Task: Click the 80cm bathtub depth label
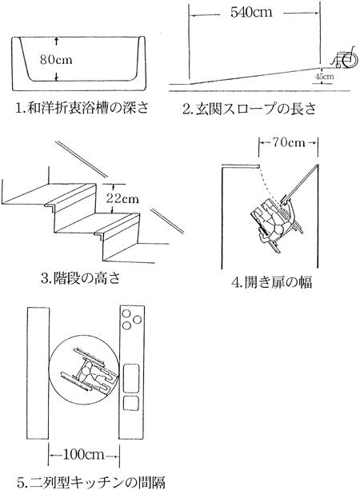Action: [56, 59]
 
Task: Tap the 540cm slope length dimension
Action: [251, 13]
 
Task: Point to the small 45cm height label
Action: [324, 76]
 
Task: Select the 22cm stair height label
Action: [122, 198]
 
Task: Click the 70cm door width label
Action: [288, 142]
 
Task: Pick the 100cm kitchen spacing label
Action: [83, 454]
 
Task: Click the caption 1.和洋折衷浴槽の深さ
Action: [82, 108]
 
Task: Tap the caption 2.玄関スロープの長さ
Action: [250, 109]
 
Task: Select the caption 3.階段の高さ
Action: [80, 277]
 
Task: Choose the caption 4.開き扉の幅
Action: [271, 282]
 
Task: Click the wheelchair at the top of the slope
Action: [345, 58]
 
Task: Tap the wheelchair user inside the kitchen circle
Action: [90, 369]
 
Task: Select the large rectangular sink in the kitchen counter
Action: [131, 378]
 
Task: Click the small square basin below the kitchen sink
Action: [131, 403]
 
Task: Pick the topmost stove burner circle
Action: [126, 313]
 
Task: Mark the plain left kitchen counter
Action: [38, 373]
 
